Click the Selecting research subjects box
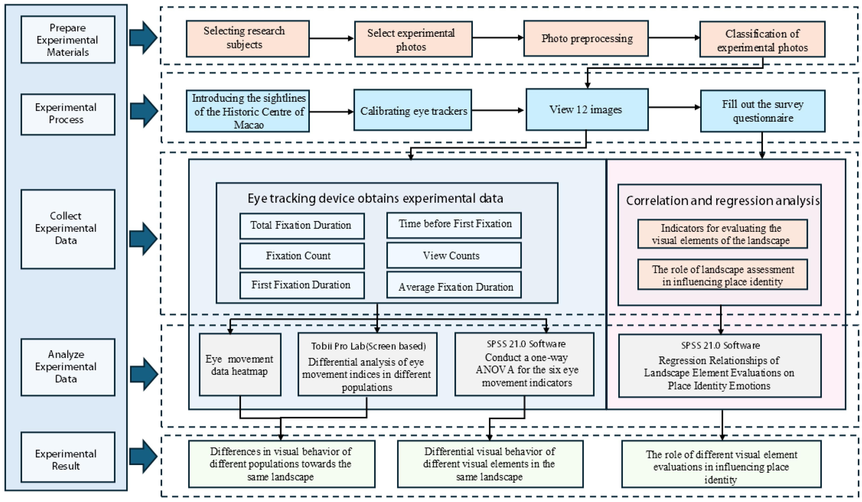[248, 38]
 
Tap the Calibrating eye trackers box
[413, 110]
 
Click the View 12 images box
[587, 109]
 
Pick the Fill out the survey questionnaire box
[762, 111]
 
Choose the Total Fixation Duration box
[302, 226]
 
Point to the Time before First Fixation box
[454, 225]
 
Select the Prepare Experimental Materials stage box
[68, 40]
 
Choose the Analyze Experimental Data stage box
[68, 367]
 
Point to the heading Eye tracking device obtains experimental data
[375, 198]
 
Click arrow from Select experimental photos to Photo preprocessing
[498, 38]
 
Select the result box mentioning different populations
[281, 464]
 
